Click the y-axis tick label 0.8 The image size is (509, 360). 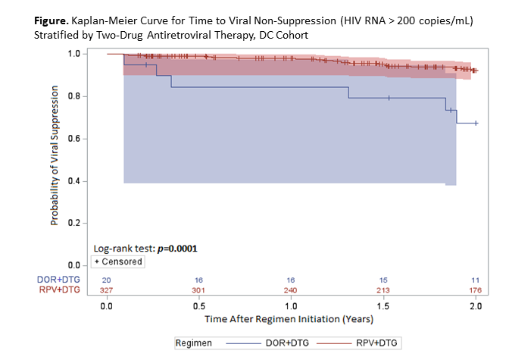point(74,96)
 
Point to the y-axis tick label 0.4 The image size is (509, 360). point(74,181)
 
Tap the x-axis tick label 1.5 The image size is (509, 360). point(383,306)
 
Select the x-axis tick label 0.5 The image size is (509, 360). point(199,306)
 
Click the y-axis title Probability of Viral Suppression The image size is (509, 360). point(55,155)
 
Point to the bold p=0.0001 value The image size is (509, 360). point(177,249)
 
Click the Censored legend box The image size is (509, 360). point(118,261)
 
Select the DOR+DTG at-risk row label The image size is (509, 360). point(58,280)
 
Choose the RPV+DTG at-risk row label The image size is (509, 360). point(59,290)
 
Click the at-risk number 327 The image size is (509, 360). point(107,290)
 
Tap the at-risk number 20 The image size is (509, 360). point(107,280)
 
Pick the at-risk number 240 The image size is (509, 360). point(291,290)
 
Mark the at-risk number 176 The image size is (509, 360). point(475,290)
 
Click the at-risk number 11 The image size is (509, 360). point(475,280)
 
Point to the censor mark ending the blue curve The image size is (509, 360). point(476,123)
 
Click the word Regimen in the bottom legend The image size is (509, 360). point(193,343)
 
